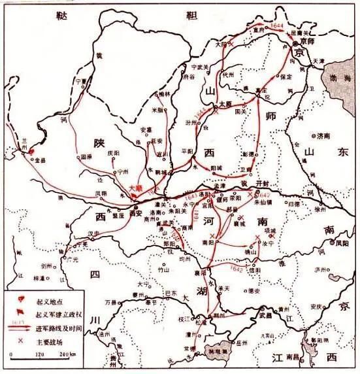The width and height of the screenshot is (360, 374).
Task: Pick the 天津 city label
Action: (319, 60)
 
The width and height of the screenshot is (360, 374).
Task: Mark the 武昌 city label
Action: (264, 316)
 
